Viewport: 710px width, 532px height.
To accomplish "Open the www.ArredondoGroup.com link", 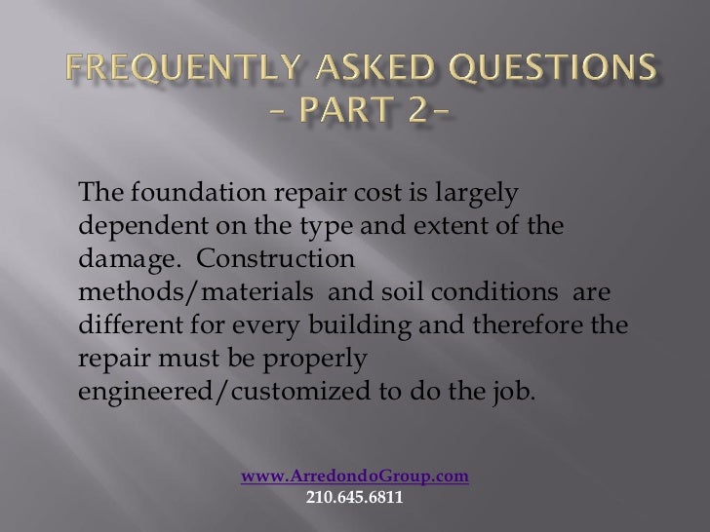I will point(355,476).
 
